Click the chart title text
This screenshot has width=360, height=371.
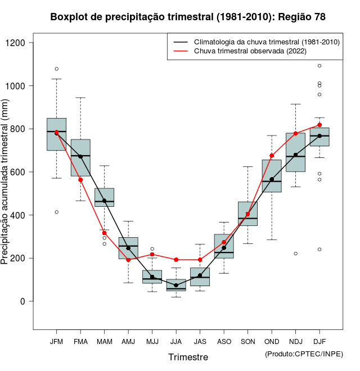pos(188,17)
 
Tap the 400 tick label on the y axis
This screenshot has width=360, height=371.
pos(19,215)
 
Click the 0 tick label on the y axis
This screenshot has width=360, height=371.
pos(23,301)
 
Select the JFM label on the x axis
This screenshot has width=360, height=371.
pos(56,342)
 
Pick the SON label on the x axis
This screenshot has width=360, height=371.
pos(247,342)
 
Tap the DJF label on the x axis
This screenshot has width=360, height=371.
pos(319,342)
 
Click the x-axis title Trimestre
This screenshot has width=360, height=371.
pos(188,357)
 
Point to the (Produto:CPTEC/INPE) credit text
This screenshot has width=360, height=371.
pos(304,354)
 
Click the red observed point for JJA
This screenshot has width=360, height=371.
pos(176,260)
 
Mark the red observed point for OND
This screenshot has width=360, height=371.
pos(272,156)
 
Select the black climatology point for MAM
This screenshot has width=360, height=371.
pos(104,201)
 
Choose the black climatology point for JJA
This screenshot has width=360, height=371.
pos(176,286)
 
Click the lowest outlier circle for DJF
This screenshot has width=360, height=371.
pos(319,249)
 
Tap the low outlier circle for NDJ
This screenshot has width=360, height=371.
pos(296,254)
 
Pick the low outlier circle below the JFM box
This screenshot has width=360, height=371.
pos(56,212)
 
